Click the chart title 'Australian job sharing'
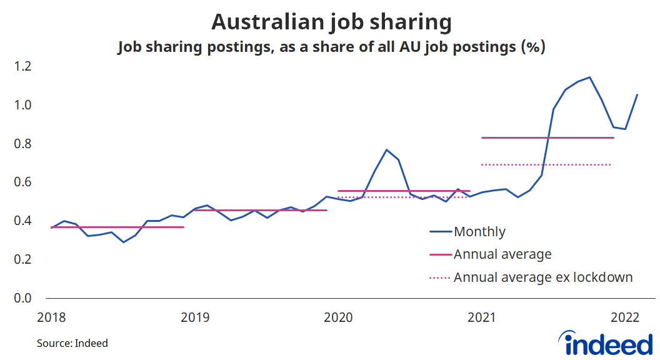[331, 22]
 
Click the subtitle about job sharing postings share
[331, 47]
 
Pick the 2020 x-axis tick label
[337, 317]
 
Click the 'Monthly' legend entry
[479, 232]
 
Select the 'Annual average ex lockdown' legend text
[543, 277]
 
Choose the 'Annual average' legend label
[502, 254]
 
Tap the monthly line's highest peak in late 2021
[589, 77]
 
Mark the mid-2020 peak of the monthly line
[387, 150]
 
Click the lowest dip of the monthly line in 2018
[123, 242]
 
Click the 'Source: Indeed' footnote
[72, 343]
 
